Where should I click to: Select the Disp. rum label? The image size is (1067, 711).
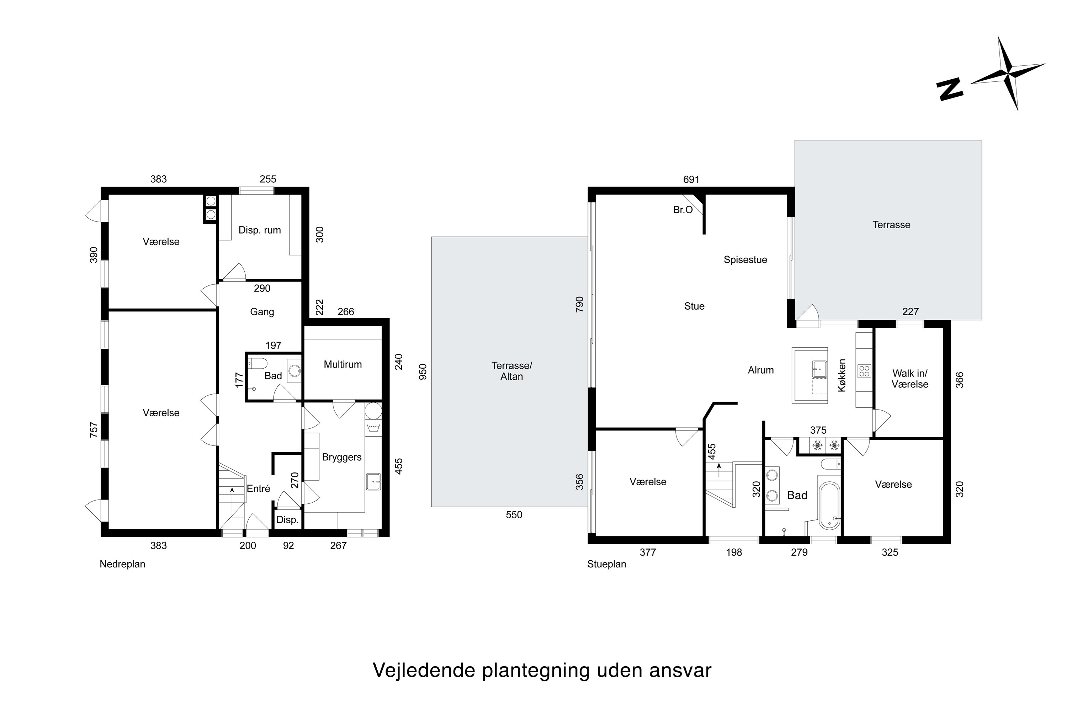pyautogui.click(x=260, y=230)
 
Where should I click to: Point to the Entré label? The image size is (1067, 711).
pyautogui.click(x=258, y=488)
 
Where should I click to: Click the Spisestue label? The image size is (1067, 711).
pyautogui.click(x=745, y=260)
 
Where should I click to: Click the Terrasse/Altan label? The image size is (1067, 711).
pyautogui.click(x=511, y=371)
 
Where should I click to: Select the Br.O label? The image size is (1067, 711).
pyautogui.click(x=683, y=210)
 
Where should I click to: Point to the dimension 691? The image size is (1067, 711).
pyautogui.click(x=691, y=180)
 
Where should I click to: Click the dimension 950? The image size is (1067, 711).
pyautogui.click(x=423, y=372)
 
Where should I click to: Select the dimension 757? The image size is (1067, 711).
pyautogui.click(x=94, y=429)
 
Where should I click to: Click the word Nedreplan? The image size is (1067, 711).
pyautogui.click(x=122, y=564)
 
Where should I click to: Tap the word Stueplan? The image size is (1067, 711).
pyautogui.click(x=606, y=564)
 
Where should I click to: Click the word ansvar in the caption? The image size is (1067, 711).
pyautogui.click(x=680, y=670)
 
